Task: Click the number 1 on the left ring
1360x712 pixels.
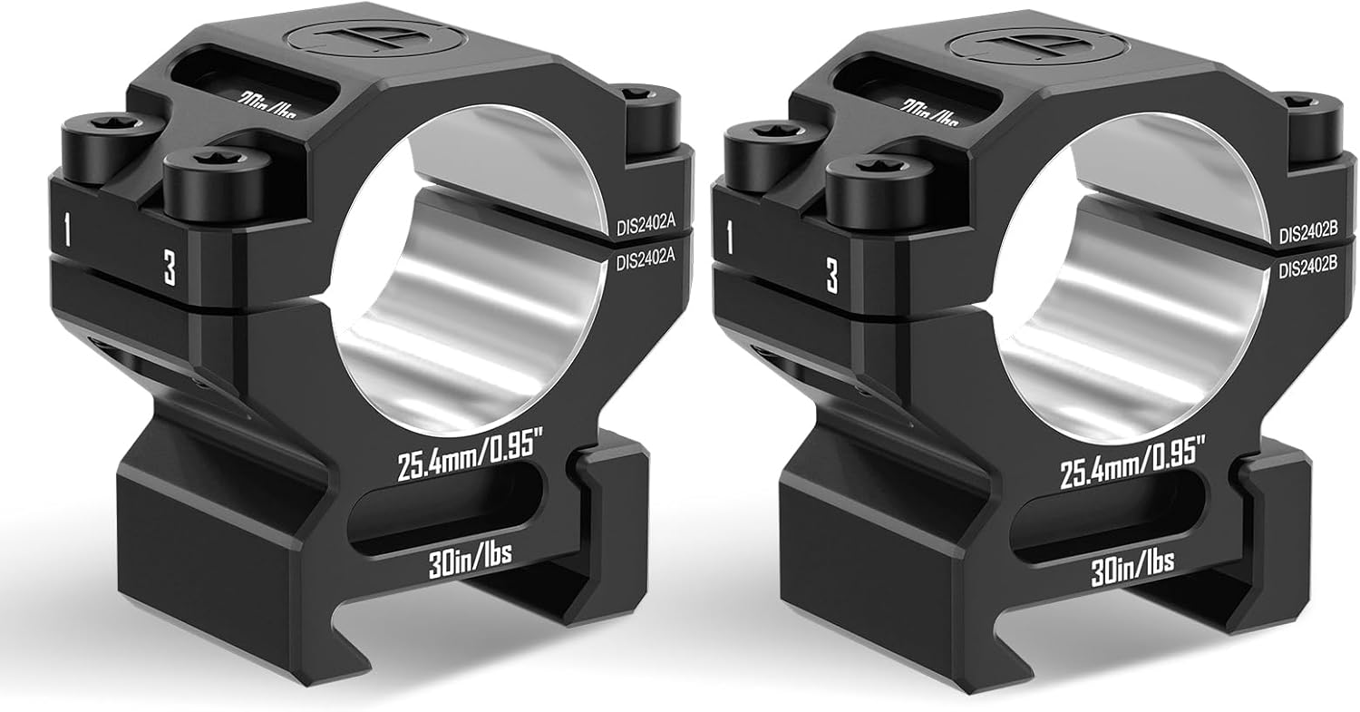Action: tap(66, 231)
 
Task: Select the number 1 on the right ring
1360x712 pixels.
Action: tap(731, 239)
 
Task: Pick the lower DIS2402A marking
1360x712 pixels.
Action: tap(648, 262)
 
